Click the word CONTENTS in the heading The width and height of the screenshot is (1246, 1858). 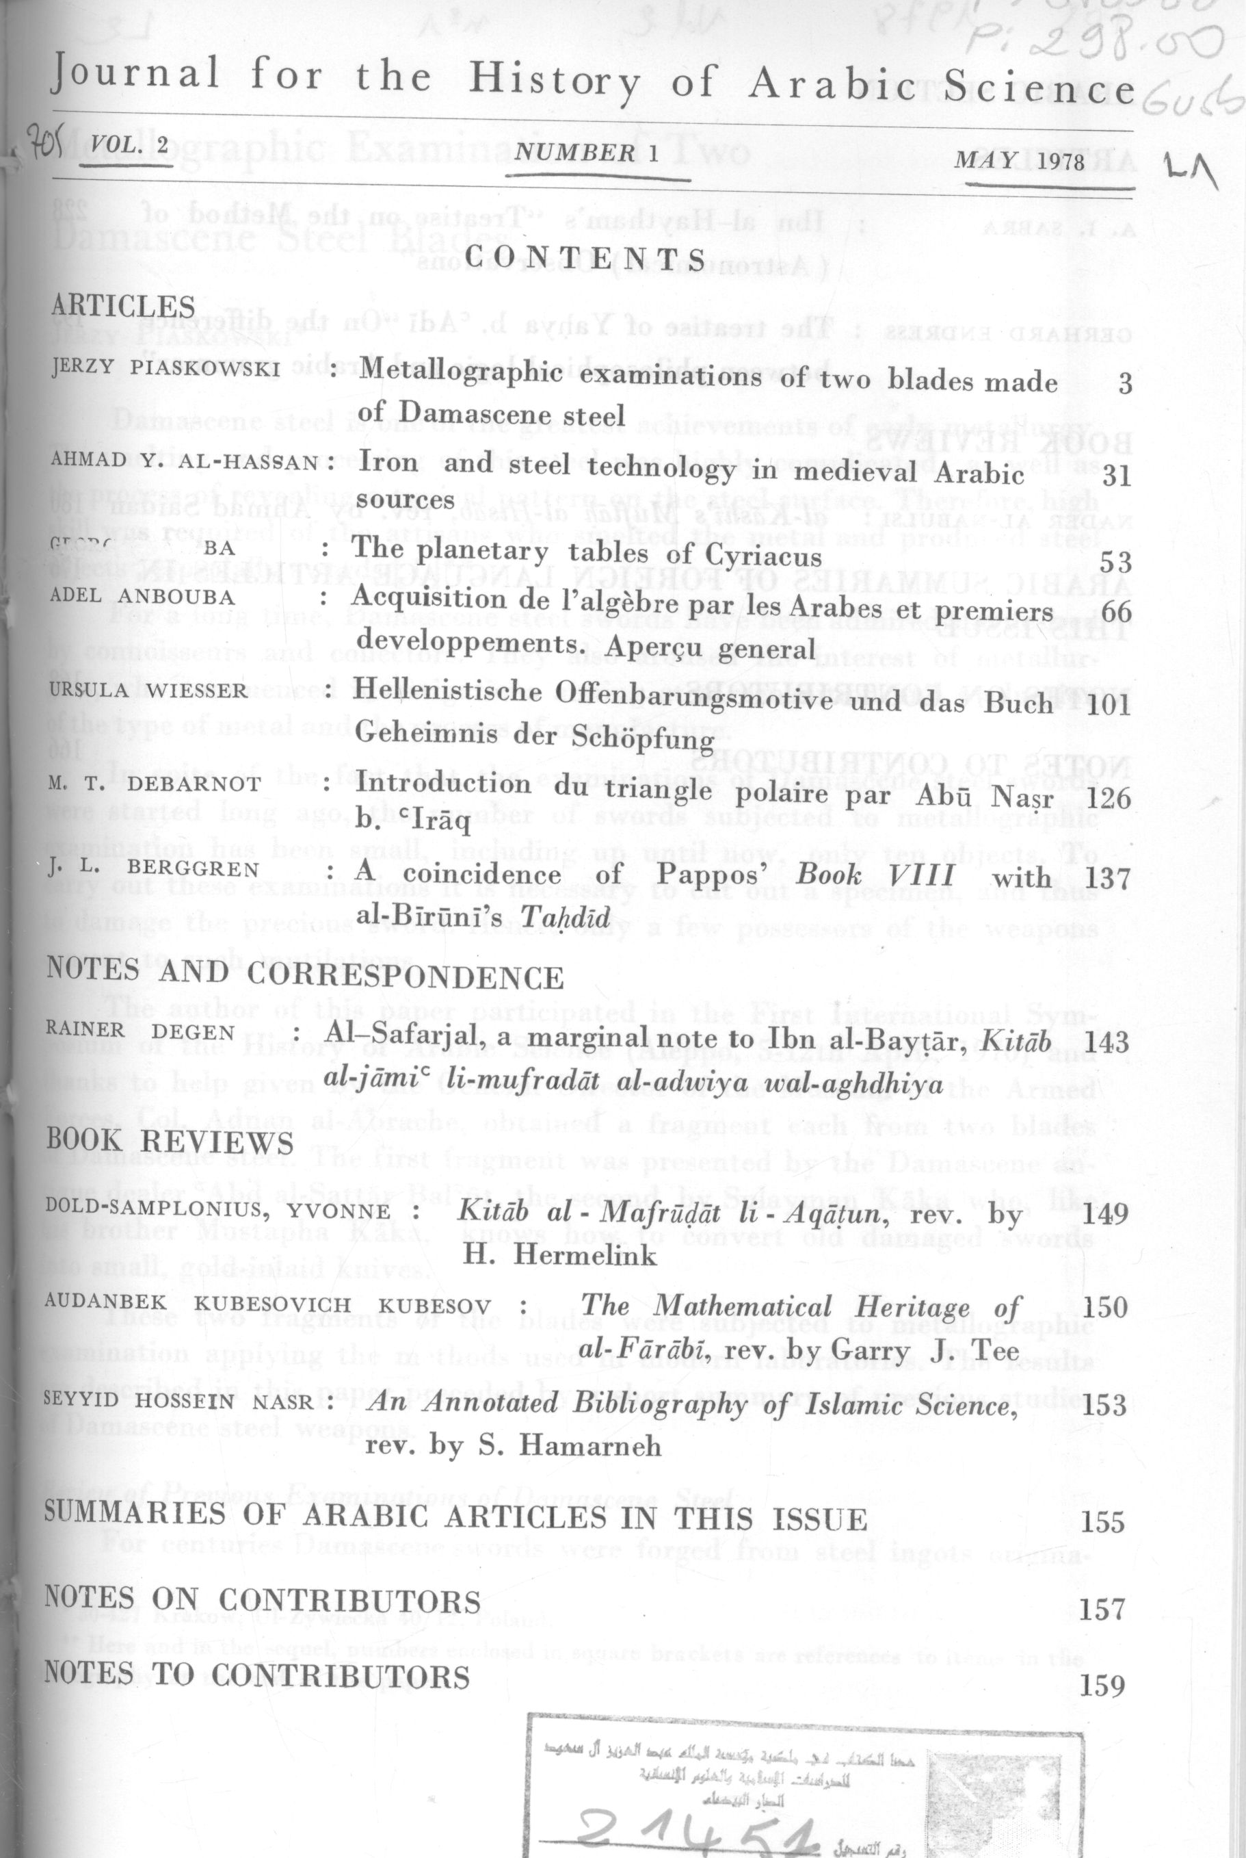585,259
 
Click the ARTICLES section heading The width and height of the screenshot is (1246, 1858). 123,307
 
